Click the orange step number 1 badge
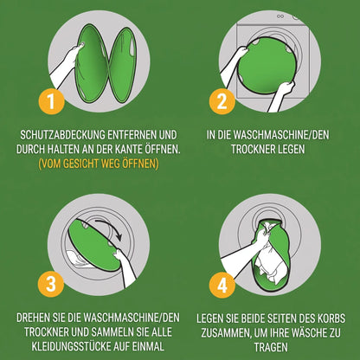point(51,101)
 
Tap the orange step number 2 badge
point(222,101)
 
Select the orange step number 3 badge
point(51,284)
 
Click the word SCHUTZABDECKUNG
point(62,135)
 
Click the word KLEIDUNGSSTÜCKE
point(74,346)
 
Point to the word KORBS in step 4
point(331,318)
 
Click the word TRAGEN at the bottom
point(271,347)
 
